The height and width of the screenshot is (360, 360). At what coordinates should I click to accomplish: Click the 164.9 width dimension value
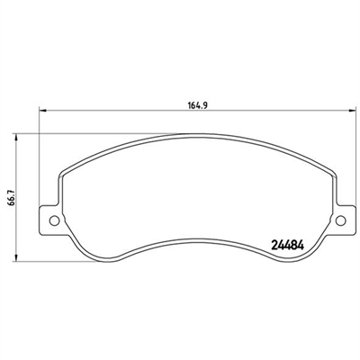(198, 105)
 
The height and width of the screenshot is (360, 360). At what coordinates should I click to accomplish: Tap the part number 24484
(288, 246)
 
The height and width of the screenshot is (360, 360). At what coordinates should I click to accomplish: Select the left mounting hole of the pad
(54, 220)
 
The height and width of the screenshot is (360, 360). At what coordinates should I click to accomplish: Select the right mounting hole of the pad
(340, 220)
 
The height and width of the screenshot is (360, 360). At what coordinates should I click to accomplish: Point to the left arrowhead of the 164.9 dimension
(43, 111)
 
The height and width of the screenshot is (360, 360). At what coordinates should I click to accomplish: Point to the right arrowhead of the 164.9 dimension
(352, 111)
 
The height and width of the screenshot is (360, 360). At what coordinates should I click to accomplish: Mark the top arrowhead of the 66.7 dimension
(16, 137)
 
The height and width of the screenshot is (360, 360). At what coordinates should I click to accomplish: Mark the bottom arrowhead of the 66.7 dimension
(16, 258)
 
